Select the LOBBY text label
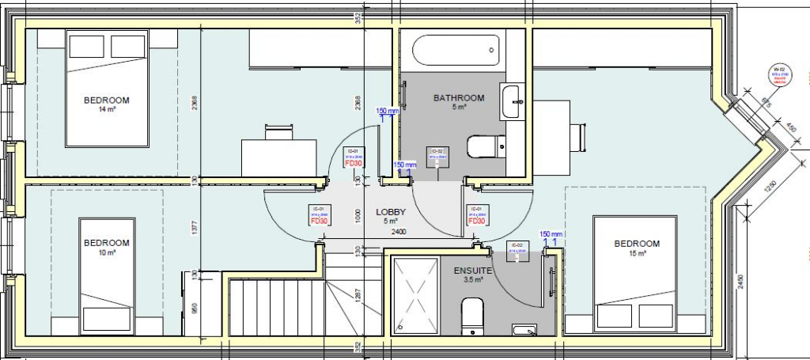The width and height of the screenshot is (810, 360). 390,212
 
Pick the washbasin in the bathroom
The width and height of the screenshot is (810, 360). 512,102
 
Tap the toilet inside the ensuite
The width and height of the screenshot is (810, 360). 472,316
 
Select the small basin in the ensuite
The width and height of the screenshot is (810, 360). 524,329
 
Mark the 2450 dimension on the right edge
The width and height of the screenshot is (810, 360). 740,282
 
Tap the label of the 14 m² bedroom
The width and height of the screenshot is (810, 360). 106,100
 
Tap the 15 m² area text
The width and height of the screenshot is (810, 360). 636,254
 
